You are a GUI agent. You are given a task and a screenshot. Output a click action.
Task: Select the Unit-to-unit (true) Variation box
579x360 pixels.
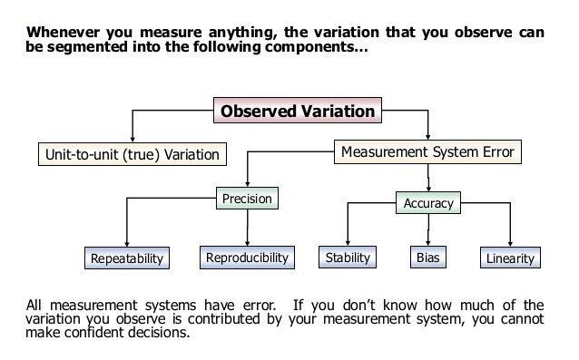pyautogui.click(x=132, y=154)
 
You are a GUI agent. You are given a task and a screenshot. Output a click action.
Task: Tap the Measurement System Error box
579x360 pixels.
pyautogui.click(x=428, y=151)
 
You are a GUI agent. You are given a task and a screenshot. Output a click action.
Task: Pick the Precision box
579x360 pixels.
pyautogui.click(x=247, y=199)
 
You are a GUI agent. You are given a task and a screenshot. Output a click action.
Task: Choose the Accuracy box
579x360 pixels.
pyautogui.click(x=427, y=203)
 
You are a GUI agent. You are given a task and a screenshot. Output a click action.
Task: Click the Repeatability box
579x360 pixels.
pyautogui.click(x=127, y=258)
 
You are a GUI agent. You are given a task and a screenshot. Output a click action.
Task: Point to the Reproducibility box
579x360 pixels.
pyautogui.click(x=247, y=258)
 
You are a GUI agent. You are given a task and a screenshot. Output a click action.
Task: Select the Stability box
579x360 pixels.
pyautogui.click(x=348, y=258)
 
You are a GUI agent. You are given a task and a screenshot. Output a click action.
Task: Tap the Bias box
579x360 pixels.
pyautogui.click(x=427, y=258)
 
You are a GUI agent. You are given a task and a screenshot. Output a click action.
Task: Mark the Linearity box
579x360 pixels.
pyautogui.click(x=510, y=258)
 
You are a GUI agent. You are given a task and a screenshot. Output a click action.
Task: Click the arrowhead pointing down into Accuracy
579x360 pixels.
pyautogui.click(x=427, y=188)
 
